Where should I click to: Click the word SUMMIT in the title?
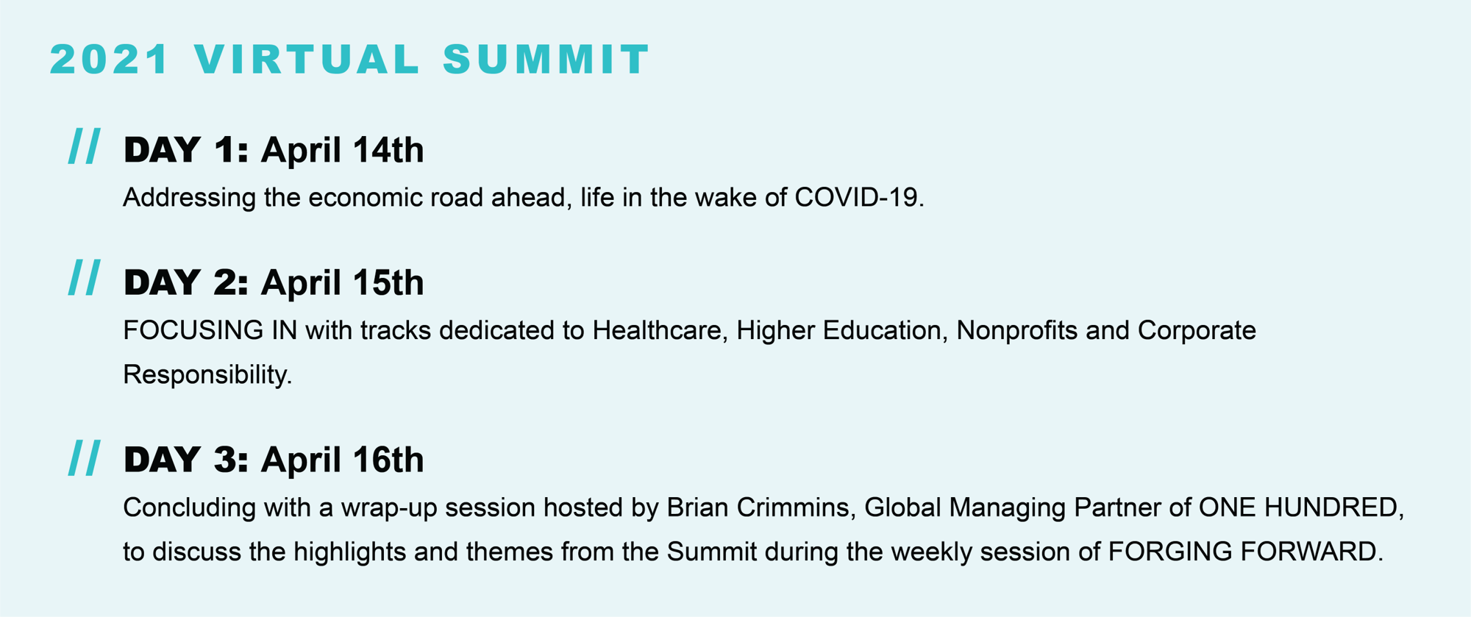[x=546, y=60]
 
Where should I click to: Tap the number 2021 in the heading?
[x=110, y=60]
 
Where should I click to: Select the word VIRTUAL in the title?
[x=307, y=60]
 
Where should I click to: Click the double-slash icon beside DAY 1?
[x=85, y=146]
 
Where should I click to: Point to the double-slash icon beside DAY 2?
[x=85, y=278]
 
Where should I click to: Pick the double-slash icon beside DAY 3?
[x=85, y=458]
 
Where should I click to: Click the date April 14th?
[x=342, y=151]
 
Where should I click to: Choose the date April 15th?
[x=342, y=283]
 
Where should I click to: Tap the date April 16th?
[x=342, y=460]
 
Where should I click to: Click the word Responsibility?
[x=207, y=375]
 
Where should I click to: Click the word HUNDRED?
[x=1333, y=507]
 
